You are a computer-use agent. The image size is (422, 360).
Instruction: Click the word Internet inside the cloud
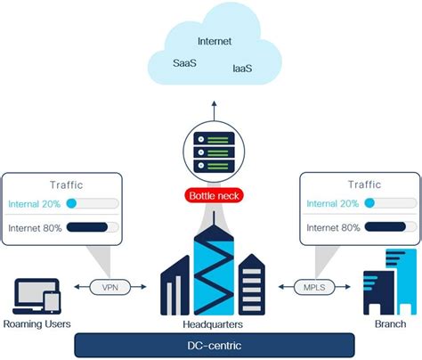coord(215,41)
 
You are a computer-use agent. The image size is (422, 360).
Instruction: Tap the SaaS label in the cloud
coord(184,63)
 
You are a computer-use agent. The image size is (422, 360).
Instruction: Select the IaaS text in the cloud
coord(242,69)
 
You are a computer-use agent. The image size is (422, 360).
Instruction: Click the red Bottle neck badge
coord(214,196)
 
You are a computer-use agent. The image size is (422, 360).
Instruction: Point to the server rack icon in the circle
coord(214,152)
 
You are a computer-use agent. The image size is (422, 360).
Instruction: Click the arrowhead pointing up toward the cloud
coord(214,104)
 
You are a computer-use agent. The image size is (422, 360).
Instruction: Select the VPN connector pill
coord(110,287)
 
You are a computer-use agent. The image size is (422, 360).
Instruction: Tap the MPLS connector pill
coord(314,287)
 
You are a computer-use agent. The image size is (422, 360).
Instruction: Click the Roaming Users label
coord(37,323)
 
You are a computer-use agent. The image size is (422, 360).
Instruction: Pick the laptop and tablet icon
coord(37,296)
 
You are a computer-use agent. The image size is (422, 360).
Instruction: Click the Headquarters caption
coord(213,324)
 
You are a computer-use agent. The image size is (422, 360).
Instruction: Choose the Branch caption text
coord(391,323)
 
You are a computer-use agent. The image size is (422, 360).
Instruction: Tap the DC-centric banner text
coord(215,346)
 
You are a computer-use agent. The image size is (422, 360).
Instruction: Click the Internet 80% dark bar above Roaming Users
coord(87,227)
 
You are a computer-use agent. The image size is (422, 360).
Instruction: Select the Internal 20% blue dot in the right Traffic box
coord(369,203)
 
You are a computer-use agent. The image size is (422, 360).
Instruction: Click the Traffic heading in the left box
coord(67,185)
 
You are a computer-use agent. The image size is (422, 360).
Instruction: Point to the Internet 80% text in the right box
coord(333,228)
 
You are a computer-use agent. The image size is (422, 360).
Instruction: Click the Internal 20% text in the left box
coord(35,204)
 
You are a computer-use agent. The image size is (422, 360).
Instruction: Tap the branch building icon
coord(390,282)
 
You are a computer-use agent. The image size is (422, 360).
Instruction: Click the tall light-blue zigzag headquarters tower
coord(214,270)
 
